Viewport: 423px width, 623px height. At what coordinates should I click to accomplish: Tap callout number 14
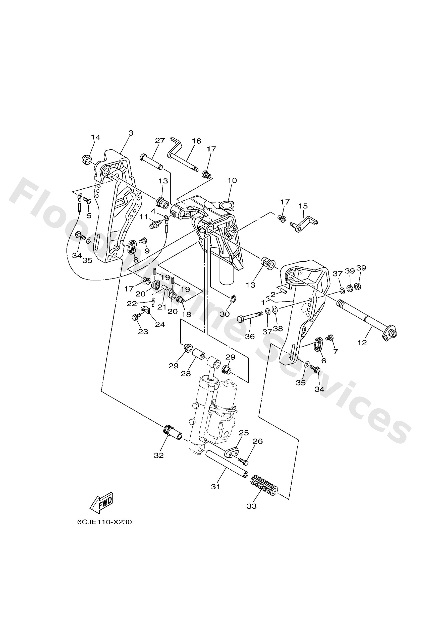point(95,137)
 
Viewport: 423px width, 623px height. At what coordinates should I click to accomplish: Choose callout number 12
point(362,343)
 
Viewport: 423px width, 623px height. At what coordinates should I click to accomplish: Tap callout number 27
point(160,140)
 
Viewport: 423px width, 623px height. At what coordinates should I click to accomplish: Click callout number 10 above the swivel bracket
point(232,180)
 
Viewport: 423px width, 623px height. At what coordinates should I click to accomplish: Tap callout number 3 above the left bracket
point(131,133)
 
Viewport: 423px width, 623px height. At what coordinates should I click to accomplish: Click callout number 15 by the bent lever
point(303,206)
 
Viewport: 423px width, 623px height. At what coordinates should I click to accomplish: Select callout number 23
point(143,332)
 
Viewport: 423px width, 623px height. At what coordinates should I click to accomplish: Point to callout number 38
point(278,328)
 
